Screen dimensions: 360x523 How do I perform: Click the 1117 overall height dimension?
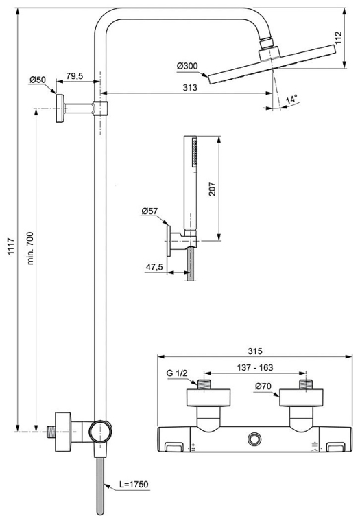[x=11, y=246]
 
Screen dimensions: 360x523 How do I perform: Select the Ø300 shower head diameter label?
[x=187, y=66]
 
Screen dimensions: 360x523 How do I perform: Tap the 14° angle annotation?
[x=291, y=99]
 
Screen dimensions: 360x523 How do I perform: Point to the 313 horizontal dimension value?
[x=190, y=87]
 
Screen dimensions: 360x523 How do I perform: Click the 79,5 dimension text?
[x=74, y=76]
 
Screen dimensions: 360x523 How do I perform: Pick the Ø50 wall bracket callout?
[x=38, y=80]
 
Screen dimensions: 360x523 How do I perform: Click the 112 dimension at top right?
[x=338, y=38]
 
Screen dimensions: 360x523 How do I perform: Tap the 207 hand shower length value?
[x=212, y=189]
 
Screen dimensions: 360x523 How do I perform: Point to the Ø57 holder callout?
[x=149, y=211]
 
